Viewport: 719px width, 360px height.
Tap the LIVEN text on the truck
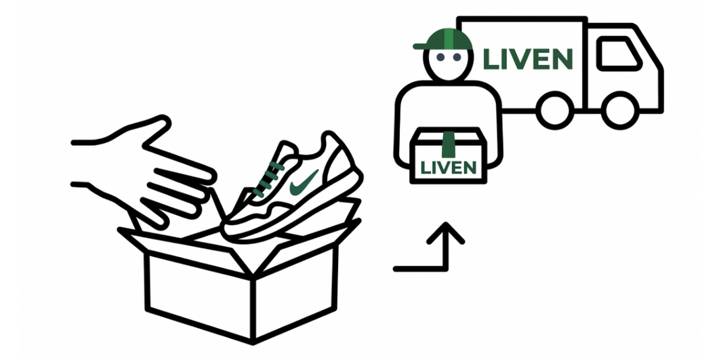point(528,58)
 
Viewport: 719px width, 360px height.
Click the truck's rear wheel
point(554,108)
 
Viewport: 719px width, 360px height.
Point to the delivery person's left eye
point(439,59)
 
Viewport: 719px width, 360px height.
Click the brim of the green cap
point(423,46)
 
